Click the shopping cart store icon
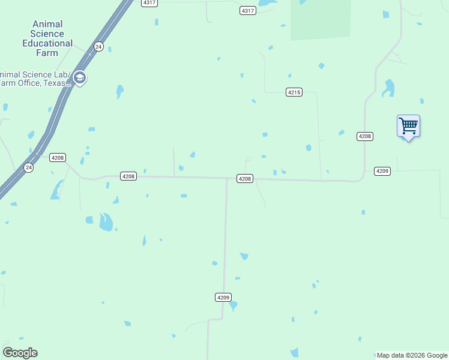click(x=408, y=127)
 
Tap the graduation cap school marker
click(x=79, y=77)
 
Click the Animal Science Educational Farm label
click(x=47, y=38)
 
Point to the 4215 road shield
click(x=294, y=92)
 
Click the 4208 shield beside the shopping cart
click(x=365, y=136)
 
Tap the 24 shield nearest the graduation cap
click(x=98, y=46)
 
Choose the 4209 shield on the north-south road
click(x=223, y=297)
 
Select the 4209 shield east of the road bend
click(x=382, y=171)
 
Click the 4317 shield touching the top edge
click(x=149, y=3)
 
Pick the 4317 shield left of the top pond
click(x=247, y=11)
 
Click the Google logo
click(x=20, y=353)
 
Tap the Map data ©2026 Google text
click(x=412, y=355)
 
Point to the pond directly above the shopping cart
click(x=389, y=88)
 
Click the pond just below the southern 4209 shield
click(x=232, y=306)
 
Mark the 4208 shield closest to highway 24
click(x=58, y=157)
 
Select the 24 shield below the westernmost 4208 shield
click(x=29, y=167)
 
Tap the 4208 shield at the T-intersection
click(x=244, y=179)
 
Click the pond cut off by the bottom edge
click(x=294, y=353)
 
